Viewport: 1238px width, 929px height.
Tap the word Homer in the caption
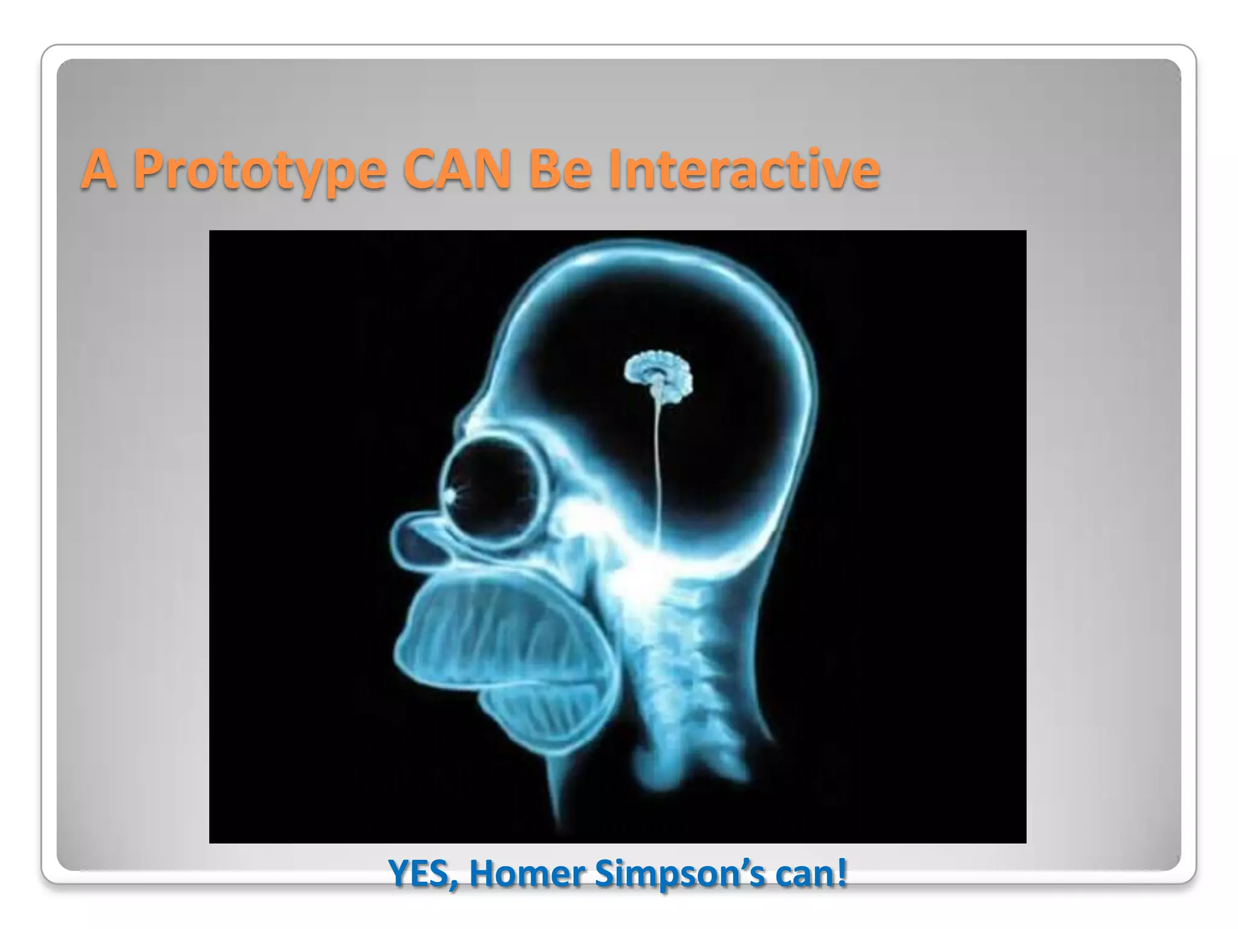[x=525, y=873]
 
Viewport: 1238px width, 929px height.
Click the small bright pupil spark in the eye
[x=450, y=496]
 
